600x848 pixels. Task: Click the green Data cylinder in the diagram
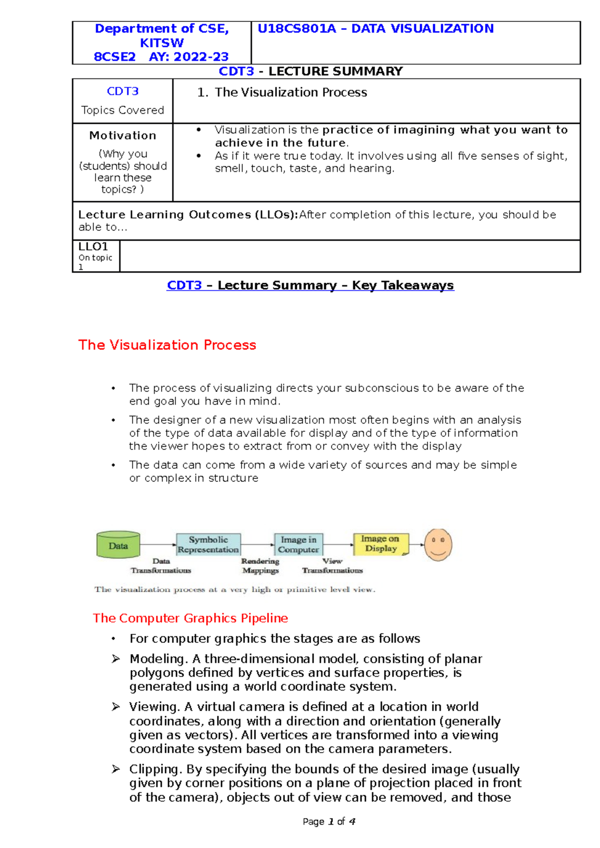(118, 545)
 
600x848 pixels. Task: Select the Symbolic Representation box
(208, 544)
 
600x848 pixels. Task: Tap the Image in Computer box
(298, 544)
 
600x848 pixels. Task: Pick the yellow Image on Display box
(380, 543)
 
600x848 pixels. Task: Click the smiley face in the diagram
(438, 544)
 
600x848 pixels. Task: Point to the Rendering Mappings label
(260, 566)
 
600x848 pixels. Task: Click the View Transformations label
(332, 566)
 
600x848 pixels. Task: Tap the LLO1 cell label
(93, 247)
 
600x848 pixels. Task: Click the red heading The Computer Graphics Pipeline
(190, 618)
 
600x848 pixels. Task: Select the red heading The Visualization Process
(167, 345)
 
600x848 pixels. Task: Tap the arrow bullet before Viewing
(116, 707)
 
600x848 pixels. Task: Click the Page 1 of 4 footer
(329, 822)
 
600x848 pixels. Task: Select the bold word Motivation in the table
(122, 135)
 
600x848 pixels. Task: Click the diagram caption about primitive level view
(234, 590)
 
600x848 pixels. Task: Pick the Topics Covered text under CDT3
(122, 110)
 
